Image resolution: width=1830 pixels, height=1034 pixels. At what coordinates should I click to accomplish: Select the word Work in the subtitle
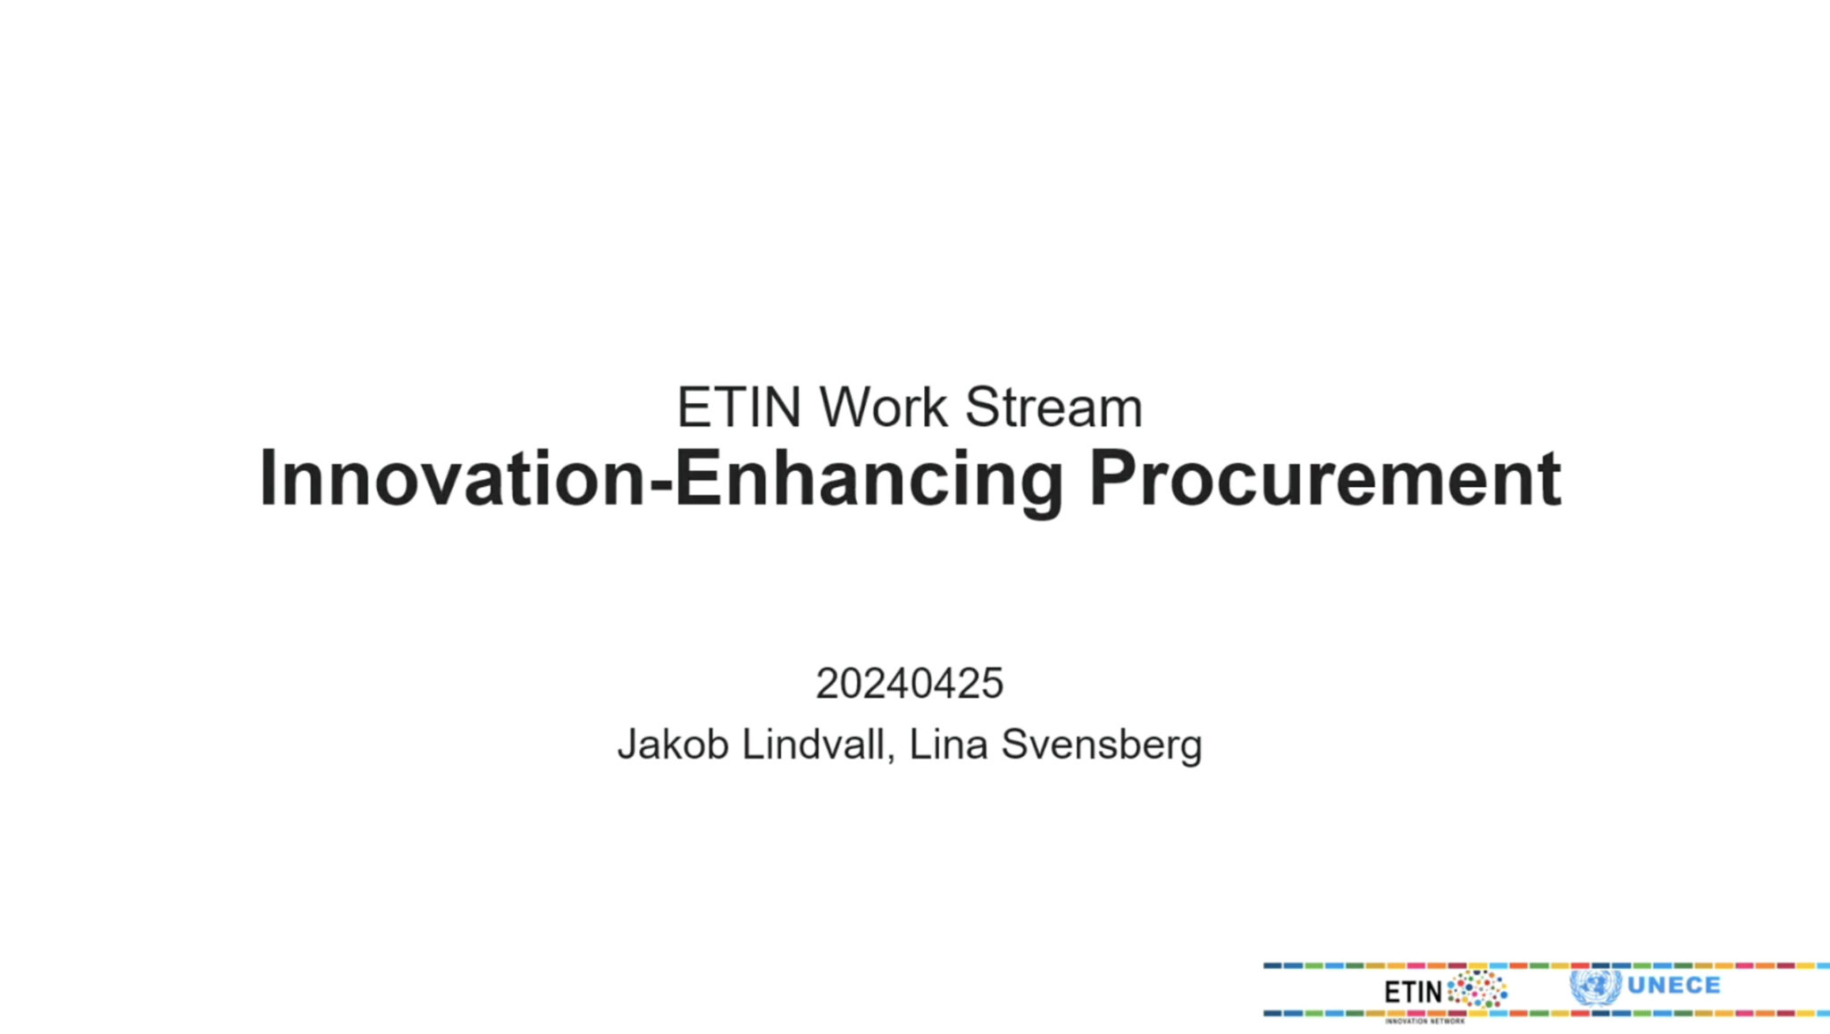tap(883, 408)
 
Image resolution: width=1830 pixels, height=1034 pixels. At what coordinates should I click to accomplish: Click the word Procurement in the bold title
tap(1324, 479)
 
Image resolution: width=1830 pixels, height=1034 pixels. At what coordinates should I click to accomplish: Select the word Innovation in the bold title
tap(452, 479)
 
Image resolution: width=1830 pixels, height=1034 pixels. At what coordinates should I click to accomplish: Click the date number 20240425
tap(909, 684)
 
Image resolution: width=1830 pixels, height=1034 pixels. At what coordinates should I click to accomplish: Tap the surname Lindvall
tap(814, 744)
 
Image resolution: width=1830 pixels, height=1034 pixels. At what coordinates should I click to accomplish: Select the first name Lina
tap(948, 744)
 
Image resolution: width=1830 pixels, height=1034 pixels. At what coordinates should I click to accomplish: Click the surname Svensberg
tap(1101, 744)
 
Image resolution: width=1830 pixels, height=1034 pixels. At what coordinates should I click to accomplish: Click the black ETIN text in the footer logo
tap(1413, 991)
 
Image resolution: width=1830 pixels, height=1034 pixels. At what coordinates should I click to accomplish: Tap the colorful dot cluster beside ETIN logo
tap(1477, 990)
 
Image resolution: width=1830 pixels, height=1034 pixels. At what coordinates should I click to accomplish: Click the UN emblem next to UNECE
tap(1595, 987)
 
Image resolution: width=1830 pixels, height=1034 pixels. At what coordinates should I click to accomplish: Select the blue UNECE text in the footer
tap(1674, 986)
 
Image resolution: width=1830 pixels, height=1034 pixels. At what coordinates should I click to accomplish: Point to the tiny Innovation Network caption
tap(1424, 1021)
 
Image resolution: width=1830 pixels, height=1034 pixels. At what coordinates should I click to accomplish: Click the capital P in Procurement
tap(1112, 479)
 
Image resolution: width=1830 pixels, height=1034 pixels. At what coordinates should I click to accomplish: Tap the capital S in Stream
tap(983, 408)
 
